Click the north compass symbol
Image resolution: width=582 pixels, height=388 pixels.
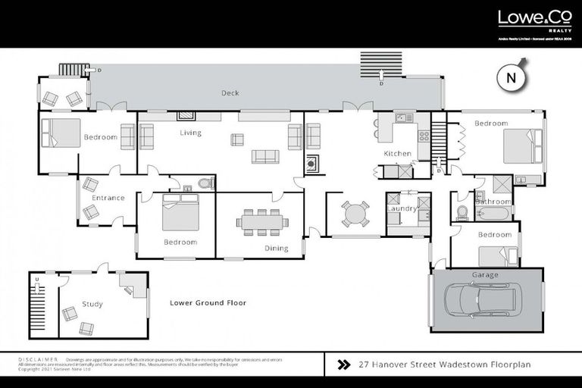512,78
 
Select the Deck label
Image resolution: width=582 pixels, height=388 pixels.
230,93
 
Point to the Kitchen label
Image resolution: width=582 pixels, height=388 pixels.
398,153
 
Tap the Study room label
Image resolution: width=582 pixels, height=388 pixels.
92,304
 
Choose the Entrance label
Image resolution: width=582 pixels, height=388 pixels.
108,198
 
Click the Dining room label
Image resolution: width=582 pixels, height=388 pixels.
255,248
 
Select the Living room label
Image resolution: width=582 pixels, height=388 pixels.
190,133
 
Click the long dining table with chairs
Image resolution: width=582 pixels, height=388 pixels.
261,222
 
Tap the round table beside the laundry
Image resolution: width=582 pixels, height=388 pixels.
355,214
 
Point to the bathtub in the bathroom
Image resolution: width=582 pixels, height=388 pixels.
493,213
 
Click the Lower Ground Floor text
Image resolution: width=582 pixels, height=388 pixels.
208,302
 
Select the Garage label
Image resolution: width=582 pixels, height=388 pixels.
485,274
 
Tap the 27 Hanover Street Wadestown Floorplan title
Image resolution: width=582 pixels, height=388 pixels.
444,365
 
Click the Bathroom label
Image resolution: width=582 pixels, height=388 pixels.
493,202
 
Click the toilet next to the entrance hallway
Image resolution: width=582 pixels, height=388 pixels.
204,183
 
